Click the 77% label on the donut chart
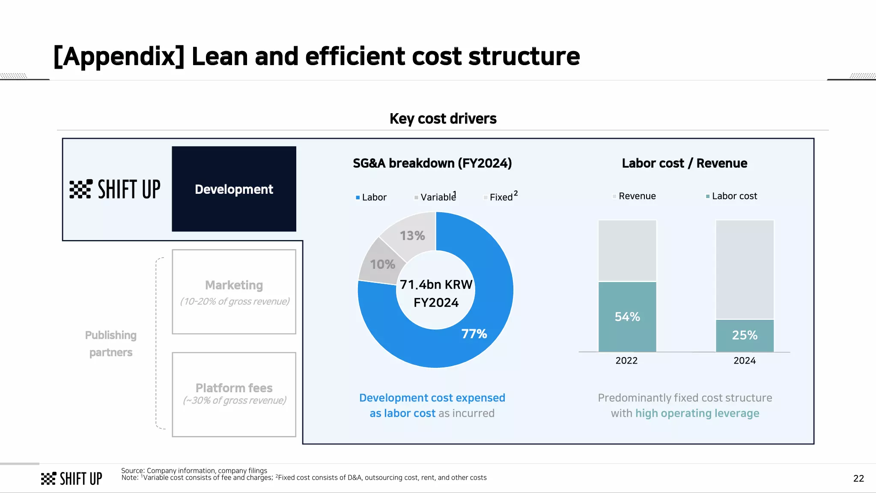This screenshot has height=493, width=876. coord(474,334)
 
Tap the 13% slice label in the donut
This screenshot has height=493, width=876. coord(412,235)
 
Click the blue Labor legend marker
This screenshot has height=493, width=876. coord(358,198)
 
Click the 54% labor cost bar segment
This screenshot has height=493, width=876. coord(627,316)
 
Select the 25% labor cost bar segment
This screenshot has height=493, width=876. coord(745,335)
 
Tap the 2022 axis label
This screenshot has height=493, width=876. coord(626,361)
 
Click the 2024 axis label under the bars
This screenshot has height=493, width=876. coord(745,361)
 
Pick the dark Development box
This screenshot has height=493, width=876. coord(234,189)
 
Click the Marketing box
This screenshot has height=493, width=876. coord(234,292)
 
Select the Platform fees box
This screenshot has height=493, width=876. coord(234,394)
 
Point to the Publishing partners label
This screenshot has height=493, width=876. coord(111,343)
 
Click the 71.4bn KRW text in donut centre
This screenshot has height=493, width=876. coord(436,285)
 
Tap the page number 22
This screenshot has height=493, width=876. coord(858,478)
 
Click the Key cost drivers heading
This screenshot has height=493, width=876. coord(443,118)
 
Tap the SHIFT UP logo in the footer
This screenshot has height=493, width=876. coord(72,478)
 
